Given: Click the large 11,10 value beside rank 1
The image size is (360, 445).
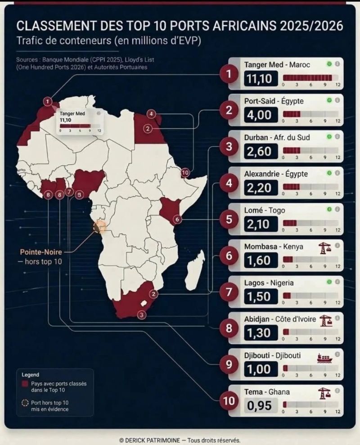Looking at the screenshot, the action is tap(260, 79).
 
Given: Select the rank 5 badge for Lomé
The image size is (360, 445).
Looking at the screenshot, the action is tap(229, 220).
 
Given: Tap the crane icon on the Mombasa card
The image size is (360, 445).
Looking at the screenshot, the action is tap(324, 248).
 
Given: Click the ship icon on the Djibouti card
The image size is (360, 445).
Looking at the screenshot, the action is tap(324, 358).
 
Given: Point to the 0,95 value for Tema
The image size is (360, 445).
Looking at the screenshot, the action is tap(260, 405).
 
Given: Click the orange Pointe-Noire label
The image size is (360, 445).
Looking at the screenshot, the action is tap(41, 252).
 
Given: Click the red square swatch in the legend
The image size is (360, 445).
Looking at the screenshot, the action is tap(25, 384).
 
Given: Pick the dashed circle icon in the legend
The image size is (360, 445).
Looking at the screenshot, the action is tap(25, 403).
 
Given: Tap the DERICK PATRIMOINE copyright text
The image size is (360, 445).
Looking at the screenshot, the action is tap(153, 440).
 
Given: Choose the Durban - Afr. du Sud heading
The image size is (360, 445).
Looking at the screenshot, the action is tap(277, 137).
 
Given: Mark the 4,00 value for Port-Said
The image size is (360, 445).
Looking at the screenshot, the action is tap(260, 115).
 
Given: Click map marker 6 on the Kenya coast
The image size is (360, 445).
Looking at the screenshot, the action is tap(177, 219).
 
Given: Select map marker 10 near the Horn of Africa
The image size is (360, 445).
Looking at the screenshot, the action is tap(185, 172).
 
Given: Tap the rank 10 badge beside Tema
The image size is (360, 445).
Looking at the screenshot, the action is tap(229, 401).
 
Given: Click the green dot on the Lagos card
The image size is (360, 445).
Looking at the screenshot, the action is tap(329, 282).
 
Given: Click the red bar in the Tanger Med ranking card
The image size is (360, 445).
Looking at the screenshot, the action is tap(307, 78).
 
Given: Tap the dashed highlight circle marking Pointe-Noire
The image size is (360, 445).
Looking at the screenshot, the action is tap(99, 226).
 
